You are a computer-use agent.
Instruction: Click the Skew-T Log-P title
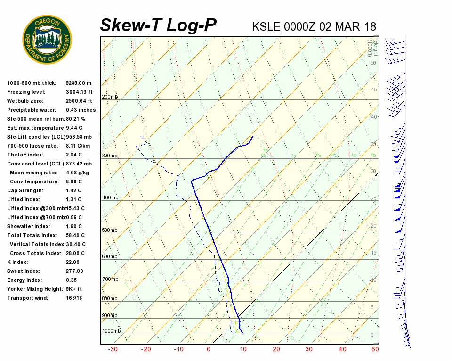tap(158, 25)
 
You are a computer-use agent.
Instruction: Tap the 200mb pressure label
tap(110, 97)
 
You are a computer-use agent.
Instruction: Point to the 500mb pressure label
tap(110, 230)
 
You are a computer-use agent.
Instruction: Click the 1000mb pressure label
tap(112, 331)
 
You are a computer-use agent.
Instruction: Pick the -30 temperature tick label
tap(113, 349)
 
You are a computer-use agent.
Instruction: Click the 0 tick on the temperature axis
tap(209, 349)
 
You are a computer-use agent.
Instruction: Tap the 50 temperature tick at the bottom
tap(375, 349)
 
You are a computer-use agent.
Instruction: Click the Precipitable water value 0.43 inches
tap(81, 110)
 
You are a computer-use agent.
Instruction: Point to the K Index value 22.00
tap(73, 263)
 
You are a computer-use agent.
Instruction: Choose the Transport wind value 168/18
tap(74, 298)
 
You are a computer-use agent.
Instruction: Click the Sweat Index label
tap(24, 271)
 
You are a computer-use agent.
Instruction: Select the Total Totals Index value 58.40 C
tap(75, 236)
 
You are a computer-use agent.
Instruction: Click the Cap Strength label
tap(25, 191)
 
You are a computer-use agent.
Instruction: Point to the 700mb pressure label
tap(110, 280)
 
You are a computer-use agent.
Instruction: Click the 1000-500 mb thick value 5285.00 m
tap(79, 83)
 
